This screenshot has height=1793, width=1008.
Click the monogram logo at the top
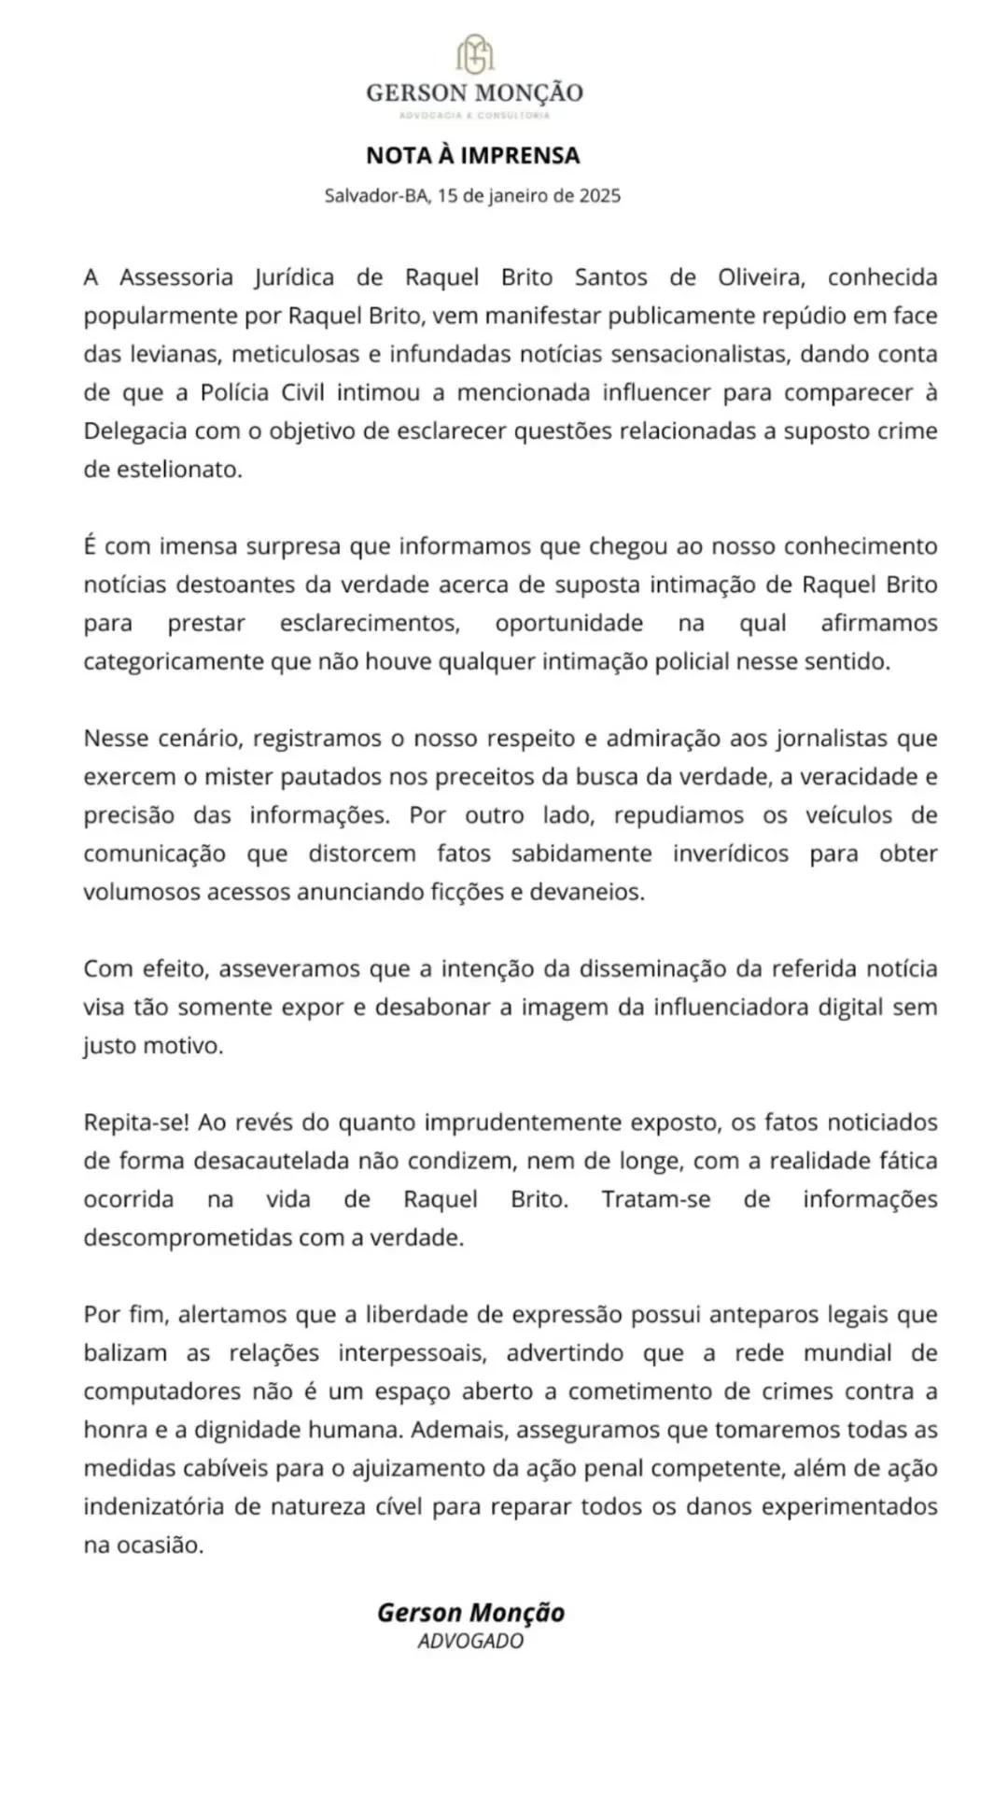[474, 55]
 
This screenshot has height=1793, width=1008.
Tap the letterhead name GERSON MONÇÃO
[474, 92]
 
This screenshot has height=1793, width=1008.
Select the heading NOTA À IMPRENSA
[472, 155]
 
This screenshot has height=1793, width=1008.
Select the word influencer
[709, 392]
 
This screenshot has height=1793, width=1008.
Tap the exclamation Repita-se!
[137, 1122]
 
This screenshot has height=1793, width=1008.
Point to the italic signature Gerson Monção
[470, 1613]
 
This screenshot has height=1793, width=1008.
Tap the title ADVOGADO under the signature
[470, 1641]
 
